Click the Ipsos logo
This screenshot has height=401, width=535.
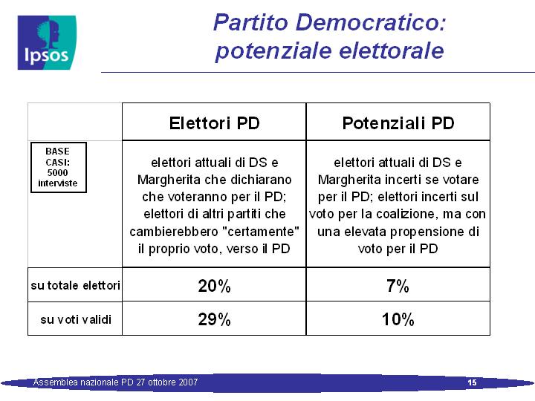[47, 42]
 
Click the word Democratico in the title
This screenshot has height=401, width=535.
[371, 22]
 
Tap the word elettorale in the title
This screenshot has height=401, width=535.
[392, 50]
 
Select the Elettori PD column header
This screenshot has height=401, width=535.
[214, 123]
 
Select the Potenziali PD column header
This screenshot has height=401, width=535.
[398, 123]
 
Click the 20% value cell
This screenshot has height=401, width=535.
[214, 285]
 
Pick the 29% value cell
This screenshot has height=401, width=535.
[214, 319]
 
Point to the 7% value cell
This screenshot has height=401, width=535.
[398, 285]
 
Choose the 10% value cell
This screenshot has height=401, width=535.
[398, 319]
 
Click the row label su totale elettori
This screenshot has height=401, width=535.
[75, 285]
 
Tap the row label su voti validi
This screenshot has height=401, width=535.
[76, 319]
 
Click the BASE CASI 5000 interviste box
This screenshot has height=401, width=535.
[59, 167]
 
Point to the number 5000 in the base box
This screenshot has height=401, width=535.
[57, 172]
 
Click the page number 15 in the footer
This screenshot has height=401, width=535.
[473, 382]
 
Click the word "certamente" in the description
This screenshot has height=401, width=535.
[261, 232]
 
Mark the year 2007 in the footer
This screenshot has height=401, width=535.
[187, 382]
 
